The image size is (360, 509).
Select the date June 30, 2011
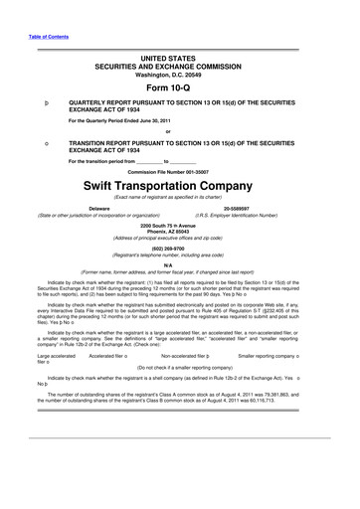point(150,120)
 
